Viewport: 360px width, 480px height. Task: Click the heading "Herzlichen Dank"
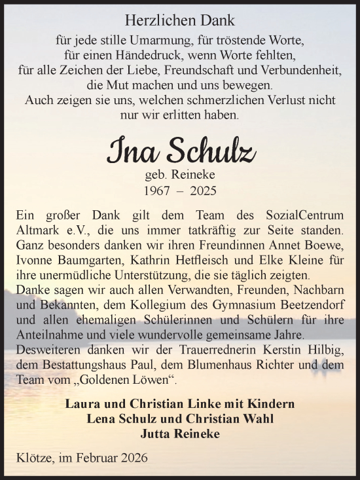[179, 21]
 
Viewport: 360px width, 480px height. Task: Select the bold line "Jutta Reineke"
[180, 432]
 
